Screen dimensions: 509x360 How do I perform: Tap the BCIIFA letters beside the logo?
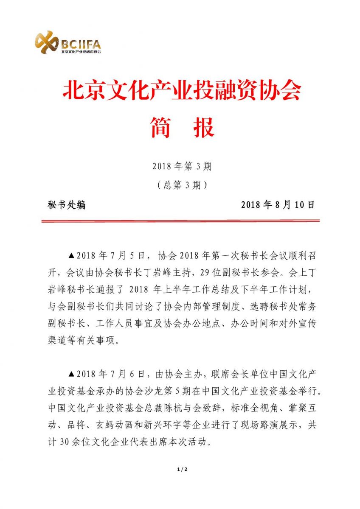[x=81, y=44]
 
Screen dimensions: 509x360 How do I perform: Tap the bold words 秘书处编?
[x=67, y=205]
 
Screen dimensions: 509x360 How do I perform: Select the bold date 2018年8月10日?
[x=278, y=205]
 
